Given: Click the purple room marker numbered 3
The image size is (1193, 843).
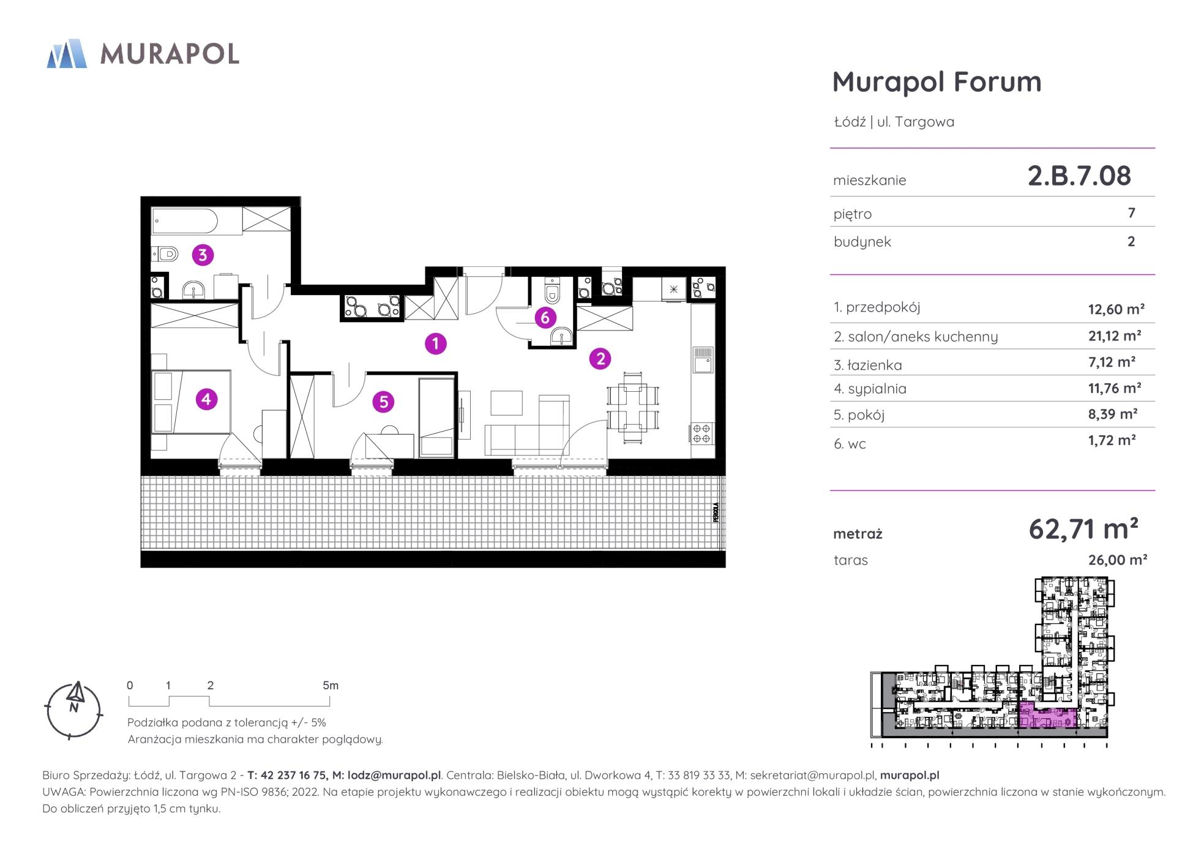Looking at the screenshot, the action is (x=203, y=254).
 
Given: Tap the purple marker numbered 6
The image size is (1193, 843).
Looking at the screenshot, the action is (x=545, y=318).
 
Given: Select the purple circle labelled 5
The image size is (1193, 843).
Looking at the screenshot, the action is (x=383, y=402).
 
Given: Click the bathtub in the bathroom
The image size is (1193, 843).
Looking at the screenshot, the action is (x=184, y=221).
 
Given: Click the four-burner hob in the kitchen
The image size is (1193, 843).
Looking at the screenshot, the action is (x=702, y=433).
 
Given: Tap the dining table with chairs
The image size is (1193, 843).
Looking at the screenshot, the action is (x=633, y=407).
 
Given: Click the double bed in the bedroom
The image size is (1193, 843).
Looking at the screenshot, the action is (x=191, y=402).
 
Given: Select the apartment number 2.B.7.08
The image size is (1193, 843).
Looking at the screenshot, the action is (x=1079, y=176).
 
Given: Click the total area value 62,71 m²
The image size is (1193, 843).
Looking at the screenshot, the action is (x=1083, y=529).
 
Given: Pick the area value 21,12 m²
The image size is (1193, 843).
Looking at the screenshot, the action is (x=1115, y=335).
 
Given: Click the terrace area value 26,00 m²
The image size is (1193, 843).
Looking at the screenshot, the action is (x=1118, y=560).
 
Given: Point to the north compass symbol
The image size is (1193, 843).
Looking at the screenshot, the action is (x=74, y=710).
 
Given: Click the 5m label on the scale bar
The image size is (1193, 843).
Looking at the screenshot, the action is (x=331, y=686).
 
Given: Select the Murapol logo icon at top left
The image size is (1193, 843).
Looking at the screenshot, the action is (x=67, y=53).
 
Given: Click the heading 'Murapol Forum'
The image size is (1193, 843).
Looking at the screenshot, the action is (x=937, y=82).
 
